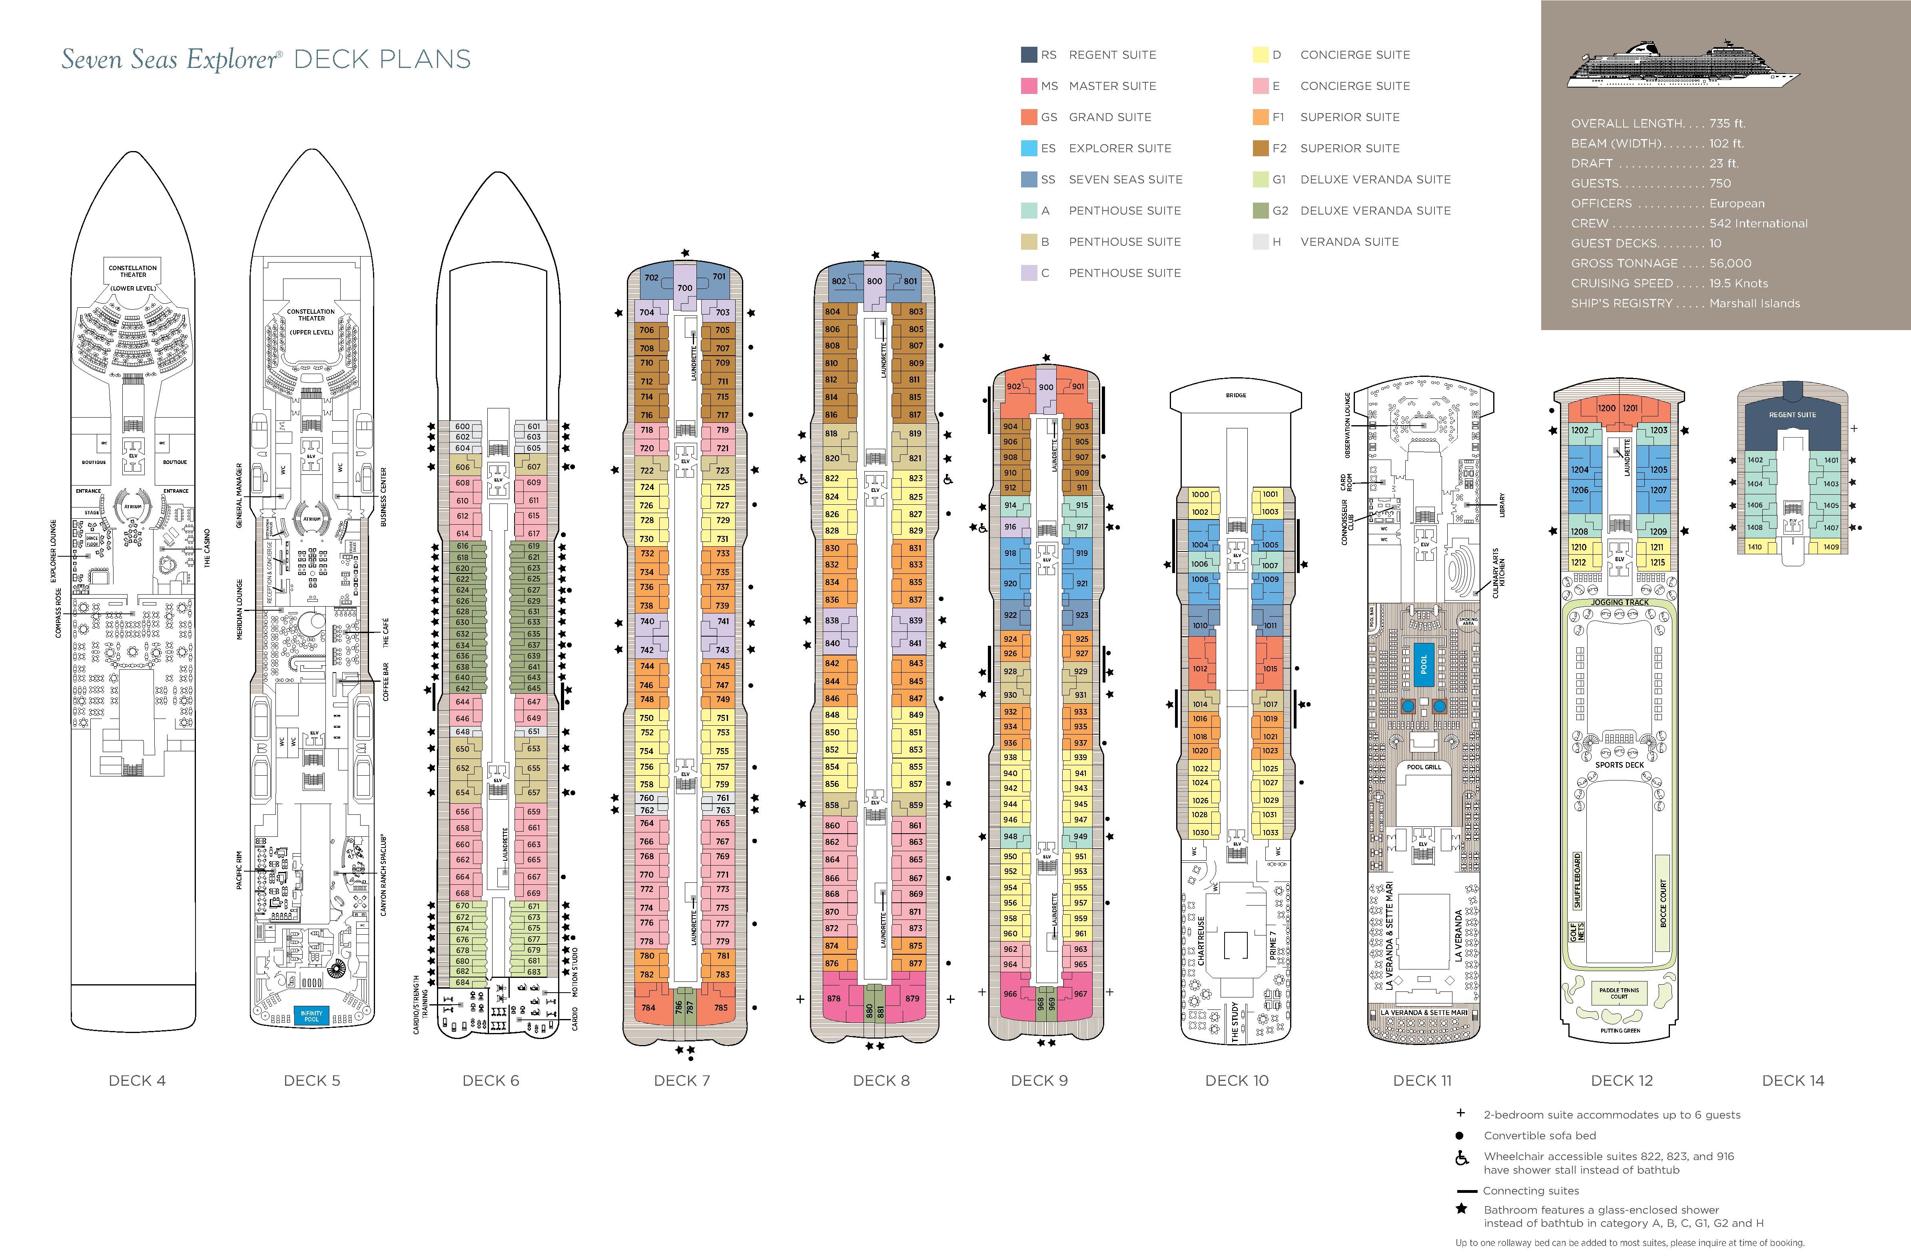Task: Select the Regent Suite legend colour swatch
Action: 1029,55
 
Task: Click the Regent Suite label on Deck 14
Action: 1792,415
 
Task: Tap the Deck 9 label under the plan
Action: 1039,1081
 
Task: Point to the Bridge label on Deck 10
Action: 1236,395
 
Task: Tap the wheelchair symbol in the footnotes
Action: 1462,1158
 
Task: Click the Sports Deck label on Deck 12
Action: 1620,765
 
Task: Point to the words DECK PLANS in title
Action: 382,60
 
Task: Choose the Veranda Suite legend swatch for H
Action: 1260,242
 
